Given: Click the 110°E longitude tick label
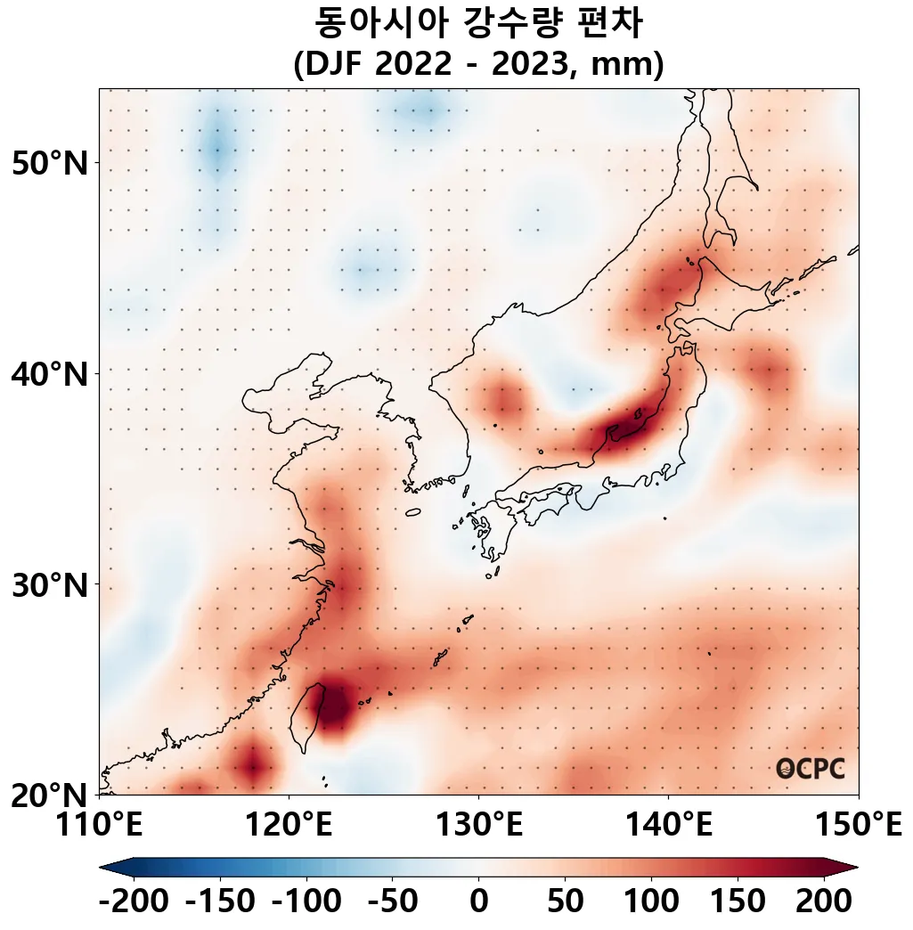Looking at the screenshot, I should tap(99, 825).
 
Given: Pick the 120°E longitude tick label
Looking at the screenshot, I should tap(289, 825).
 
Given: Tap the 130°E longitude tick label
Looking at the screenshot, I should tap(478, 825).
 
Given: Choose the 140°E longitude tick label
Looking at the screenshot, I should tap(668, 825).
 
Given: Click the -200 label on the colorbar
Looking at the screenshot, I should tap(134, 901).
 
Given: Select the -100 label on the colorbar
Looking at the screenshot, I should tap(306, 901).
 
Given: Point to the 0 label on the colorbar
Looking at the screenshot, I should tap(478, 901).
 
